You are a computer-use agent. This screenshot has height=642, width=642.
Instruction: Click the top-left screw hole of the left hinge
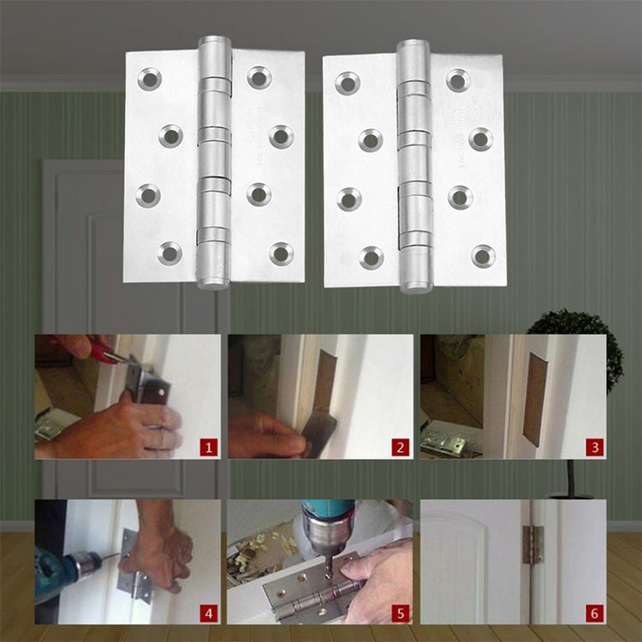click(x=150, y=80)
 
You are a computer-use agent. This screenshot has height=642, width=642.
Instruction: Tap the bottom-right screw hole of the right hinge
click(x=484, y=255)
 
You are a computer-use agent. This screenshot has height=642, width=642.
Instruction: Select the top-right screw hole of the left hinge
click(x=259, y=77)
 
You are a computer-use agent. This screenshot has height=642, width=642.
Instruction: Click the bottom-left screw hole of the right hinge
click(x=371, y=257)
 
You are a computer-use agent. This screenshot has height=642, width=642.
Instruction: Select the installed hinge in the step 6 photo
click(x=532, y=544)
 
